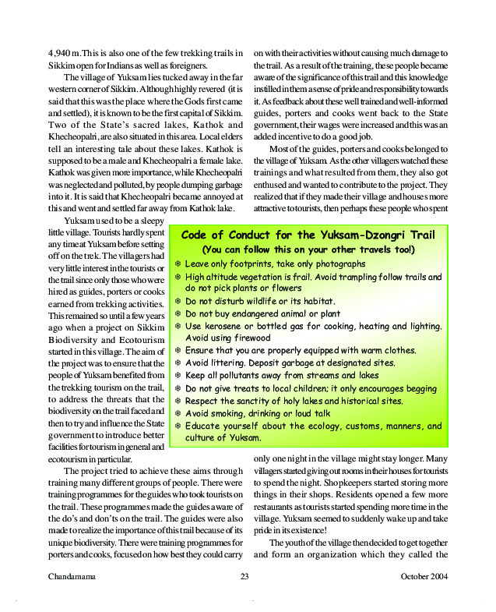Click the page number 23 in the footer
pos(244,577)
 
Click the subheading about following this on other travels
pos(308,250)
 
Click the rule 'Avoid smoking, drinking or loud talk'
pos(259,413)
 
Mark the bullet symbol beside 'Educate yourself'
pos(178,426)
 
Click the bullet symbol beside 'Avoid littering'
pos(178,363)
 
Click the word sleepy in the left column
pos(149,222)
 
